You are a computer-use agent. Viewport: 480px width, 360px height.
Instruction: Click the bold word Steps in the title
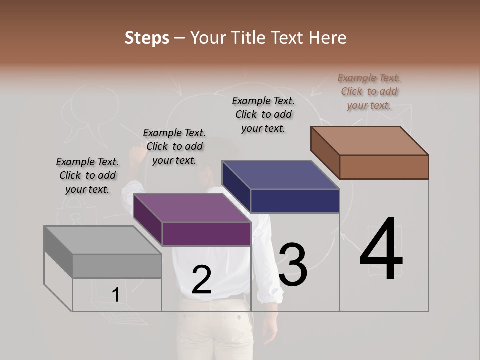[147, 38]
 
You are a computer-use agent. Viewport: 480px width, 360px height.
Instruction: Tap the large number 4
[381, 249]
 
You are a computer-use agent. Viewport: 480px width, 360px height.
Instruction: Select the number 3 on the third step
[293, 264]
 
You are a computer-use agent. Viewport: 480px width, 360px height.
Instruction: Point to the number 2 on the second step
[201, 280]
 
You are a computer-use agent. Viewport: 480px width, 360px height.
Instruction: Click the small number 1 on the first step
[116, 295]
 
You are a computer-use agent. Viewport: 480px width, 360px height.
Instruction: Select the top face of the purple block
[192, 208]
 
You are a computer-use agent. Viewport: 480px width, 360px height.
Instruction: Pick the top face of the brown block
[370, 141]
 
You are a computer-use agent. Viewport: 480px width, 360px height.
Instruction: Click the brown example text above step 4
[369, 92]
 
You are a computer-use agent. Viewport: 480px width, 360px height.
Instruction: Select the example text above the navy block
[263, 114]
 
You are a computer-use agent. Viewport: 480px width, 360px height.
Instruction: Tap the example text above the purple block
[174, 146]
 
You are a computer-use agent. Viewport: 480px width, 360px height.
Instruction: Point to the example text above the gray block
[87, 175]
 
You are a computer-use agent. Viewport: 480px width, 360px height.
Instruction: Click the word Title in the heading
[247, 38]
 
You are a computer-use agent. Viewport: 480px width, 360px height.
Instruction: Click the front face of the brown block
[384, 167]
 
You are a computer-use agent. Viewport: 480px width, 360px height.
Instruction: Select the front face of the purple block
[206, 234]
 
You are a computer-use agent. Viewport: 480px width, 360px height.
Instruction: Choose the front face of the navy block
[295, 201]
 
